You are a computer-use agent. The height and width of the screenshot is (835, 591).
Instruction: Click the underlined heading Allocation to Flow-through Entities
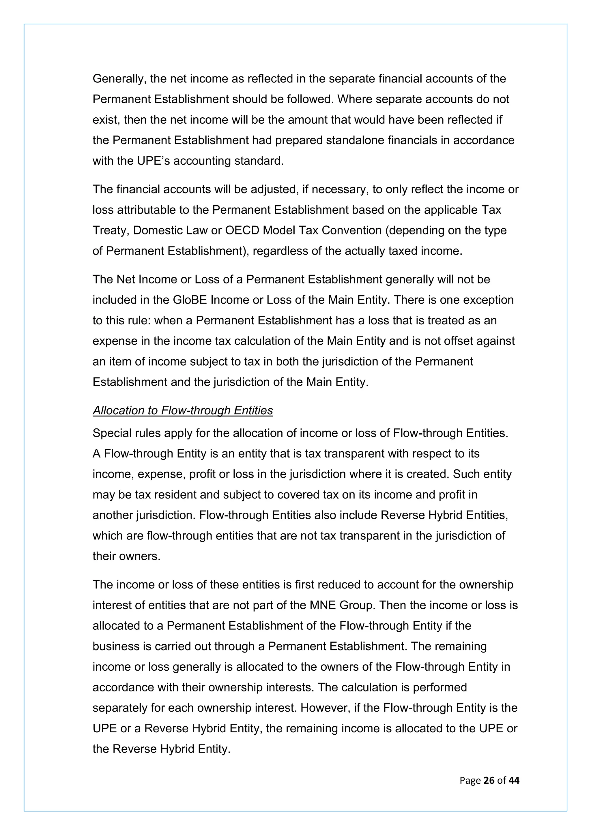click(182, 410)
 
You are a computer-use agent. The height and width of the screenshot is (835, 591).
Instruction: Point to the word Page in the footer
click(470, 781)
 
